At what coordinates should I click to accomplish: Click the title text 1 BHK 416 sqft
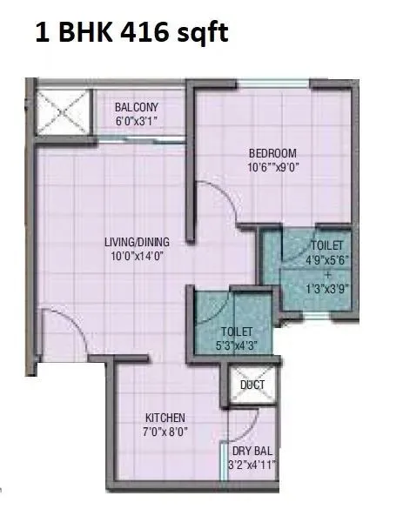click(x=132, y=35)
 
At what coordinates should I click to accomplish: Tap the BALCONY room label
click(x=138, y=108)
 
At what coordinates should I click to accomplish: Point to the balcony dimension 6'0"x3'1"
click(x=138, y=122)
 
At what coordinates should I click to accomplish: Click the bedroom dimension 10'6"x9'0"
click(x=273, y=168)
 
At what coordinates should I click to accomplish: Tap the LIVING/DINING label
click(x=137, y=241)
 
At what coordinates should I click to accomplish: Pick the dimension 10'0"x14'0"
click(x=137, y=255)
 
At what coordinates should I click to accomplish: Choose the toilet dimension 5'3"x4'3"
click(x=236, y=344)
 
